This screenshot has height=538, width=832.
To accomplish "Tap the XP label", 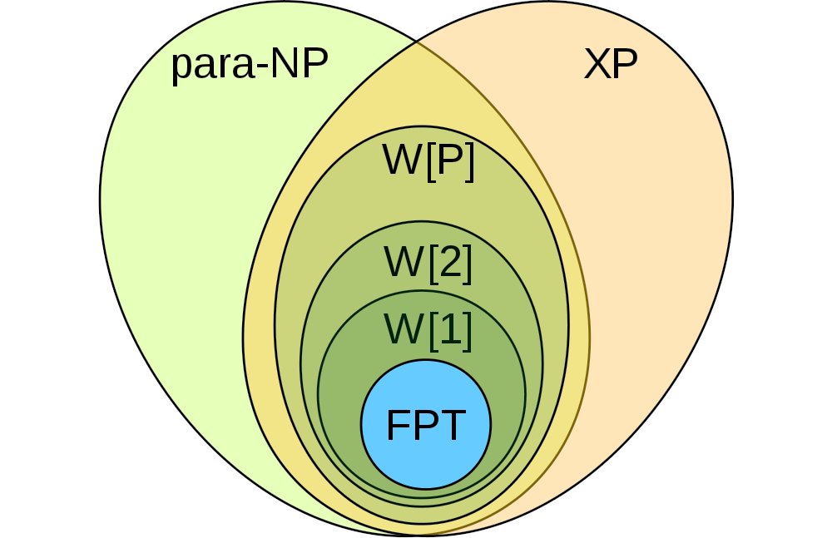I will [x=610, y=66].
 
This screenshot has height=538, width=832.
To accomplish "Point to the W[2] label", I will [x=428, y=264].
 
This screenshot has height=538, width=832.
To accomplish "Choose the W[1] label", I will [x=428, y=329].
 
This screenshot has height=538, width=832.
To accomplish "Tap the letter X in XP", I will [x=596, y=66].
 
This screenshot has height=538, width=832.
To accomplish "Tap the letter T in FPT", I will [x=450, y=426].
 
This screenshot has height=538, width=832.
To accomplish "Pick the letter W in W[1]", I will [x=401, y=329].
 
